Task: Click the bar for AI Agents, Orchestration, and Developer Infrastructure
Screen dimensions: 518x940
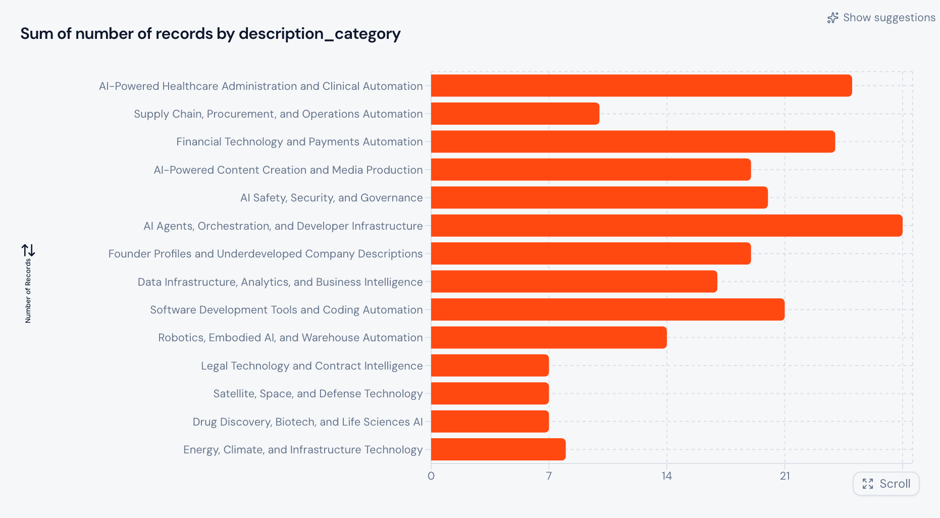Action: (666, 226)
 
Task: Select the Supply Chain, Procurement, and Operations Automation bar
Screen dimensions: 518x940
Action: (515, 114)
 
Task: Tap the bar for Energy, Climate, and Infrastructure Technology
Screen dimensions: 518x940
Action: (498, 449)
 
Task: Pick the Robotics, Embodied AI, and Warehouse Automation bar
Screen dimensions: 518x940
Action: (549, 337)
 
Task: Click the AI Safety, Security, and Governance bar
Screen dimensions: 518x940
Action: (599, 197)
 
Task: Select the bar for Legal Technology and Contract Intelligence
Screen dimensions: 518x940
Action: (490, 366)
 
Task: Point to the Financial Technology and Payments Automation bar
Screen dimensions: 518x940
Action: (633, 141)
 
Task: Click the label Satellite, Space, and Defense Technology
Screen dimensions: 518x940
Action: (318, 394)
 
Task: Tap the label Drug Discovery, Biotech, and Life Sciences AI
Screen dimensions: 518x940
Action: (307, 422)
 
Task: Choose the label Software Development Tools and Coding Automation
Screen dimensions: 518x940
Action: (286, 309)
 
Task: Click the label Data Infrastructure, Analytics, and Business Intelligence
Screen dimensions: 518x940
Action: (280, 282)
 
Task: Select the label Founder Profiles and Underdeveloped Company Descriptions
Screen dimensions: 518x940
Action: (266, 253)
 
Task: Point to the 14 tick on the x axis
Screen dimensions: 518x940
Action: (666, 476)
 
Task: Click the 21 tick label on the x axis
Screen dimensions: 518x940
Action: (785, 476)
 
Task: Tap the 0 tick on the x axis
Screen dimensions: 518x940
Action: (431, 476)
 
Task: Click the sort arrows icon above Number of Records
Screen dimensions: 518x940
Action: (28, 250)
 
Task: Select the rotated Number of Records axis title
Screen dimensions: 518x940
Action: (28, 290)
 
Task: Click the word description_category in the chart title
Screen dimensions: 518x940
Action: (320, 34)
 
